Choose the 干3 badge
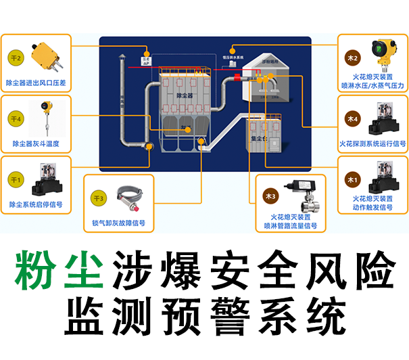tap(99, 198)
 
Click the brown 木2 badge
tap(352, 58)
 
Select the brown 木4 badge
tap(352, 119)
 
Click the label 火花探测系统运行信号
tap(372, 144)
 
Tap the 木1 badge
tap(352, 179)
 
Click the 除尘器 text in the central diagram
tap(186, 96)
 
